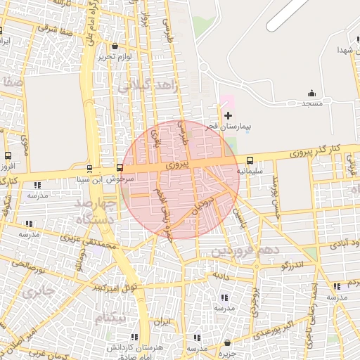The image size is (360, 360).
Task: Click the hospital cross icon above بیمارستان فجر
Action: click(x=227, y=115)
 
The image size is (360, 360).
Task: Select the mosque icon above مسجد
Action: click(x=311, y=93)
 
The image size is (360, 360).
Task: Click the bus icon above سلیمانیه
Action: click(x=250, y=161)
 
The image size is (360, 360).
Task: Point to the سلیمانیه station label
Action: click(x=250, y=171)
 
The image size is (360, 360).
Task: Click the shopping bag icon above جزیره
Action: click(x=226, y=343)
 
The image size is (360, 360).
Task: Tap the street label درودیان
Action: click(x=201, y=207)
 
